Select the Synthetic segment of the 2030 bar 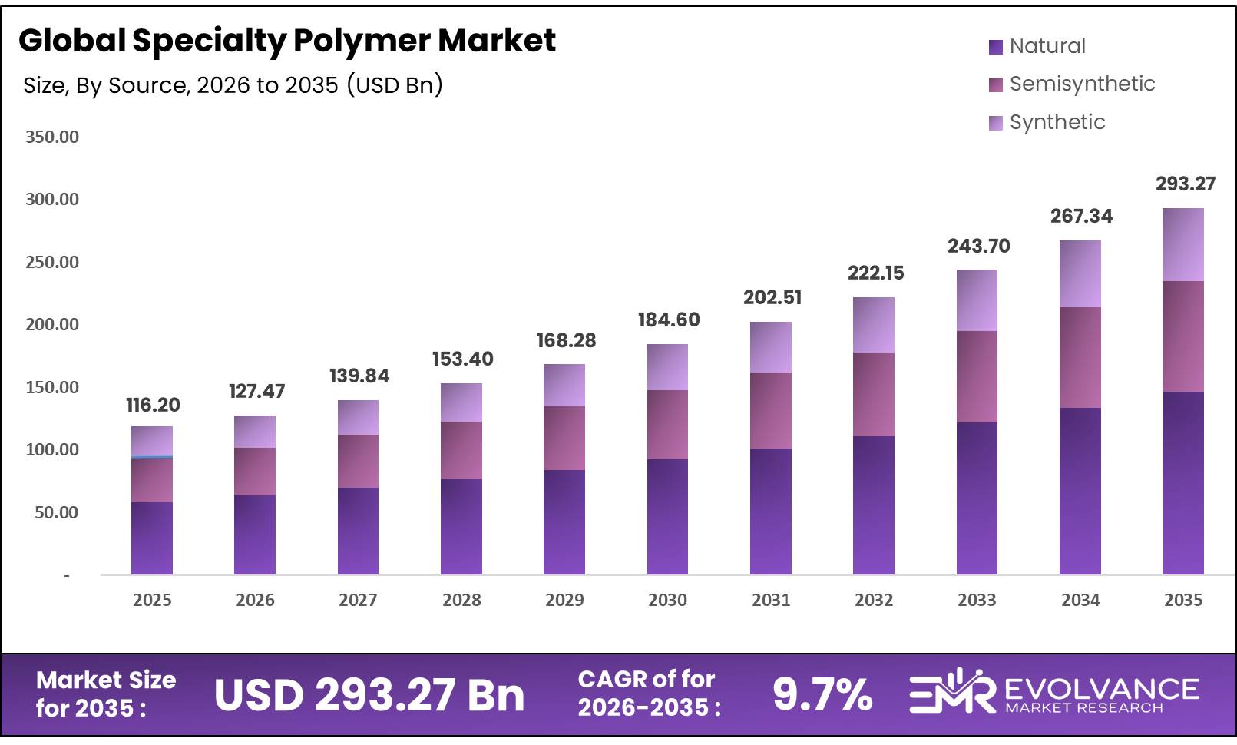667,367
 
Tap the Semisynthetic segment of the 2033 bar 977,376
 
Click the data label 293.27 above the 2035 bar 1186,184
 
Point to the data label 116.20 153,405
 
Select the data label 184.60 669,320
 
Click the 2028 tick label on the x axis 461,600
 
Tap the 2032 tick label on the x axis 874,600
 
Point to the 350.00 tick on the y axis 52,137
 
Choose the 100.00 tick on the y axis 52,449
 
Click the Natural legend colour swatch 996,47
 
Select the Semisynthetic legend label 1082,84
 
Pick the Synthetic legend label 1057,122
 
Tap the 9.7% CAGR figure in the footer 822,694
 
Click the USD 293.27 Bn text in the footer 369,694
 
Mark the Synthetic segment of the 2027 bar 358,417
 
